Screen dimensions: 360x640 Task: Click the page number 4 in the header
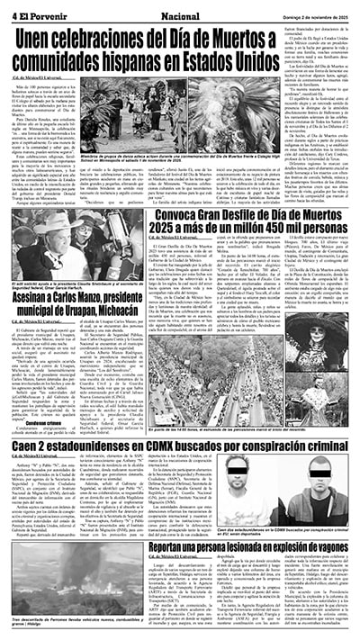(14, 14)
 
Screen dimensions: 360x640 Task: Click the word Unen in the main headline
(46, 40)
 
